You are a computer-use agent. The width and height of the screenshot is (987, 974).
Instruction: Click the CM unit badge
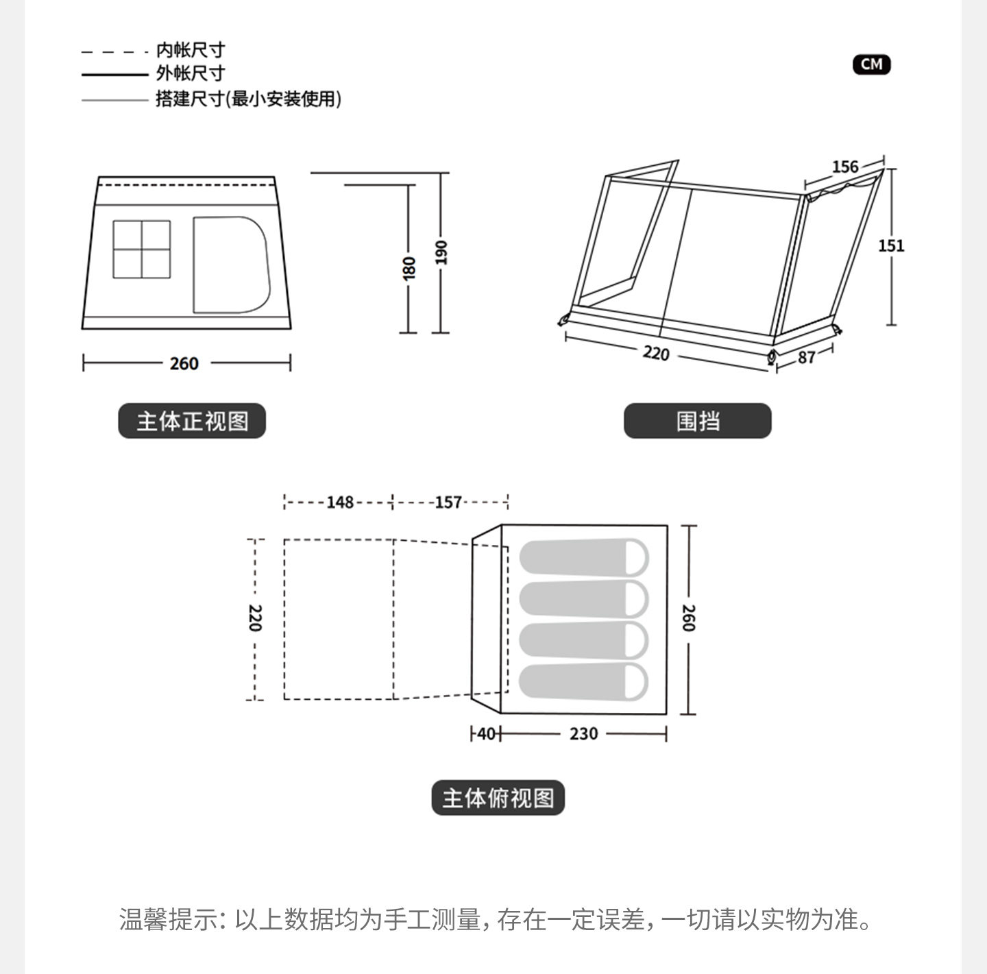coord(871,64)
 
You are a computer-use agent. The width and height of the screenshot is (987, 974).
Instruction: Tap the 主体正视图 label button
coord(192,421)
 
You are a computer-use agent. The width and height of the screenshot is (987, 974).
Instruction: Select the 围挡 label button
coord(697,421)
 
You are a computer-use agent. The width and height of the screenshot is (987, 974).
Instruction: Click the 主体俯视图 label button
coord(498,798)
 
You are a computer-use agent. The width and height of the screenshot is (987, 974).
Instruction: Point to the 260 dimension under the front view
coord(184,363)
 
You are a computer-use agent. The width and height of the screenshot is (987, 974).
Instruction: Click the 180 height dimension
coord(409,267)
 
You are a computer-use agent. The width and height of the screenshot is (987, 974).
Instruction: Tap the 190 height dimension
coord(441,252)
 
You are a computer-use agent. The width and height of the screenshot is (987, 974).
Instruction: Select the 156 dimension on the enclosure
coord(844,167)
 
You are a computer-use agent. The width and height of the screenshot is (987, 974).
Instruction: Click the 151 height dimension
coord(891,245)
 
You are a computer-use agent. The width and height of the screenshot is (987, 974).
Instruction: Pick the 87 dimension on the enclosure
coord(806,357)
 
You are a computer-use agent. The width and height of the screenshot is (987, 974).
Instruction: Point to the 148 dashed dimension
coord(339,502)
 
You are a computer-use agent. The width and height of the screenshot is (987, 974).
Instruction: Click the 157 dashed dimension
coord(448,502)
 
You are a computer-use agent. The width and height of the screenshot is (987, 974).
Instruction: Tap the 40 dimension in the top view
coord(486,734)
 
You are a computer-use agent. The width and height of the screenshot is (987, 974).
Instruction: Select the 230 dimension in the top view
coord(583,734)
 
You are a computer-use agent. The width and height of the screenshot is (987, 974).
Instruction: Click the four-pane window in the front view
coord(141,249)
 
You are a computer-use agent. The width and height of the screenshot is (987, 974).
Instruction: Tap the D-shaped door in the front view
coord(230,265)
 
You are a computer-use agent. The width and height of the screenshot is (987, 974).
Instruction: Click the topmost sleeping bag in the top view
coord(583,557)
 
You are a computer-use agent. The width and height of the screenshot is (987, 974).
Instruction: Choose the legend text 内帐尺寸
coord(190,50)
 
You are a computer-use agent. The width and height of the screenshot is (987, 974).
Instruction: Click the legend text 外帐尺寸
coord(190,73)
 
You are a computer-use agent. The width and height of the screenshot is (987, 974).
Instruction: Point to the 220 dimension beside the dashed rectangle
coord(254,618)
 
